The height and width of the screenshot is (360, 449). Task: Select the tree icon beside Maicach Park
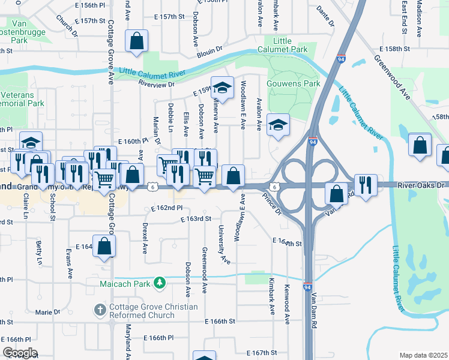[160, 281]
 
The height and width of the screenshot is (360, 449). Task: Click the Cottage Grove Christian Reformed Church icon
[100, 311]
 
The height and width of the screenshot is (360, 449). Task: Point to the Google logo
[20, 353]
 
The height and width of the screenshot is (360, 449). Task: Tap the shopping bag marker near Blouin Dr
[136, 42]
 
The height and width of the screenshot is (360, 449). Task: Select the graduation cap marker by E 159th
[221, 88]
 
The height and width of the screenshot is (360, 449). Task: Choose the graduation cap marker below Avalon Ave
[278, 125]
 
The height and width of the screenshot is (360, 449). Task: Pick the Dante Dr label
[324, 17]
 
